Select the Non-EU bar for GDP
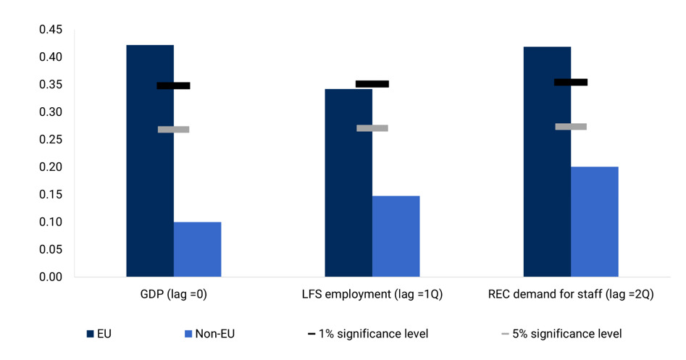tap(197, 249)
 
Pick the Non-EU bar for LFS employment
tap(396, 236)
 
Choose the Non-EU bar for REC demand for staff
tap(594, 222)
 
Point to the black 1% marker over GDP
tap(173, 85)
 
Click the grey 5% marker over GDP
tap(173, 130)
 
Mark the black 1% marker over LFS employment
tap(372, 84)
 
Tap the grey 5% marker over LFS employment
tap(372, 128)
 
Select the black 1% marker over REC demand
tap(571, 83)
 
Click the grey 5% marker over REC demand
tap(571, 127)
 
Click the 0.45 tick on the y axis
tap(51, 30)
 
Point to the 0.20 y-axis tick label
tap(51, 167)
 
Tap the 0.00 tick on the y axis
tap(51, 277)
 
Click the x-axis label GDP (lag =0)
tap(174, 295)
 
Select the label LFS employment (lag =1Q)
tap(372, 295)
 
